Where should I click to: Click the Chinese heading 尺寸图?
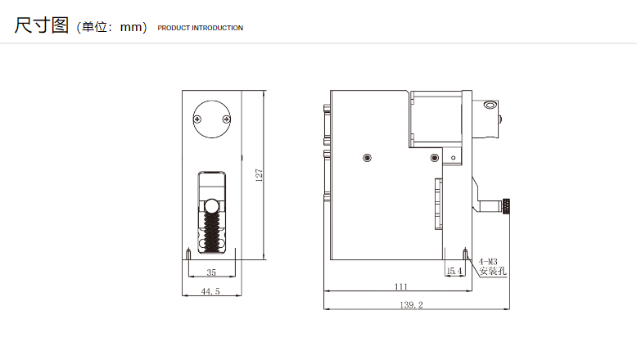coord(42,25)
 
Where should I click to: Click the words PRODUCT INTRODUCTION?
coord(201,28)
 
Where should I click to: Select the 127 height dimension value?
coord(259,175)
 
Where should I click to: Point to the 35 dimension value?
coord(211,272)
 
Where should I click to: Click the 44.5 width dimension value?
coord(210,291)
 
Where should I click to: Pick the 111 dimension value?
coord(401,286)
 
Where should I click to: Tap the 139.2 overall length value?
coord(412,305)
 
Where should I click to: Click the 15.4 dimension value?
coord(454,271)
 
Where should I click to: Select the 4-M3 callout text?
coord(488,262)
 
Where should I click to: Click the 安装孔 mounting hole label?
coord(493,271)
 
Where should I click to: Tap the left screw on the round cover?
coord(197,119)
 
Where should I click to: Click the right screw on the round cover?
coord(227,119)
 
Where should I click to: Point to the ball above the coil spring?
coord(211,206)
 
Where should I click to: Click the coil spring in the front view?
coord(211,231)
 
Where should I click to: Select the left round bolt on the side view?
coord(368,157)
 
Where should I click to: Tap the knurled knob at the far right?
coord(506,206)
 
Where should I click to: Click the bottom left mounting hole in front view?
coord(188,254)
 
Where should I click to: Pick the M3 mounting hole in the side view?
coord(466,254)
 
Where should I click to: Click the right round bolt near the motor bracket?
coord(434,157)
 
